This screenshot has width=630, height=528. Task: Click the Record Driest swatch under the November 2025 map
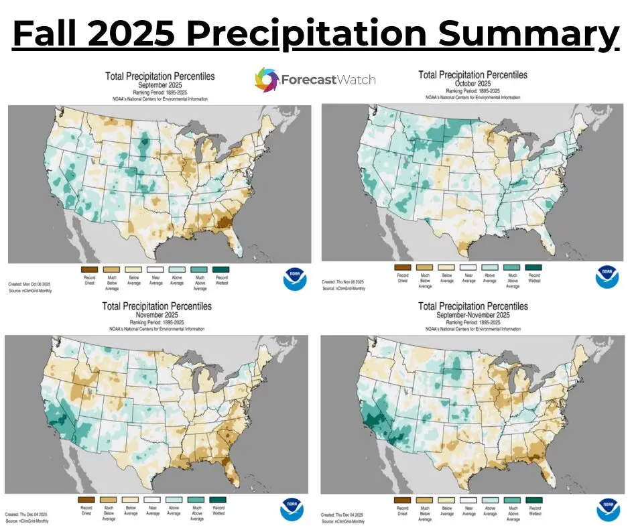(x=85, y=499)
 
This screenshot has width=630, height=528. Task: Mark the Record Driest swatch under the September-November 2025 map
(x=402, y=499)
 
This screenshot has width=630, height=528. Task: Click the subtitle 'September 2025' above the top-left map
(x=160, y=86)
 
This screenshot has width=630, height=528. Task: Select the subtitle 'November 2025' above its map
(x=157, y=315)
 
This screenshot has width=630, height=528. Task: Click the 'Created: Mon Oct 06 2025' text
(x=31, y=284)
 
